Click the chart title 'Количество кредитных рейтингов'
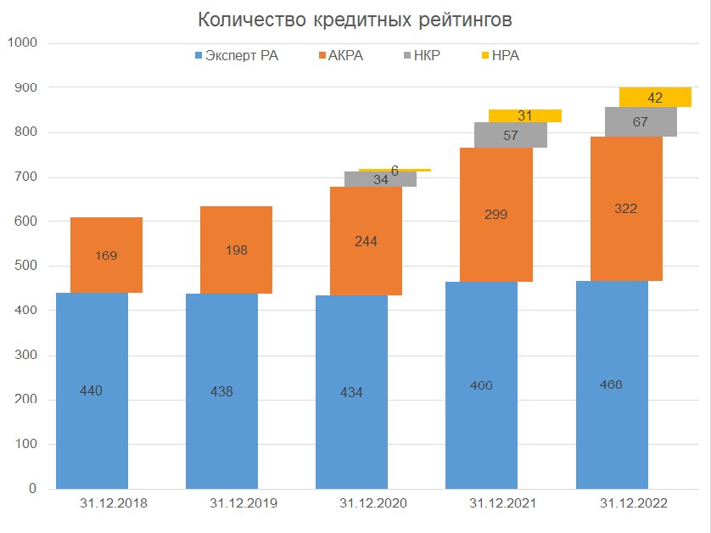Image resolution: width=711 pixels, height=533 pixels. point(355,20)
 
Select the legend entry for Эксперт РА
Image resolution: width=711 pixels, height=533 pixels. point(237,56)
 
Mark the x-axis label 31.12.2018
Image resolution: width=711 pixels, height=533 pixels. point(114,503)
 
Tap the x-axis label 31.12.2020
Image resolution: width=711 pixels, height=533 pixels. point(373,503)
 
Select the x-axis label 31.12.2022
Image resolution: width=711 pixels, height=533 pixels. point(633,503)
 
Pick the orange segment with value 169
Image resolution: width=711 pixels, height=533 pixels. point(106,255)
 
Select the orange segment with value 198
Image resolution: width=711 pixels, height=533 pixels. point(236,250)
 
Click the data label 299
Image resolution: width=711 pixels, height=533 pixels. point(495,215)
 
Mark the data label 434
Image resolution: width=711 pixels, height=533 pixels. point(351,392)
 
